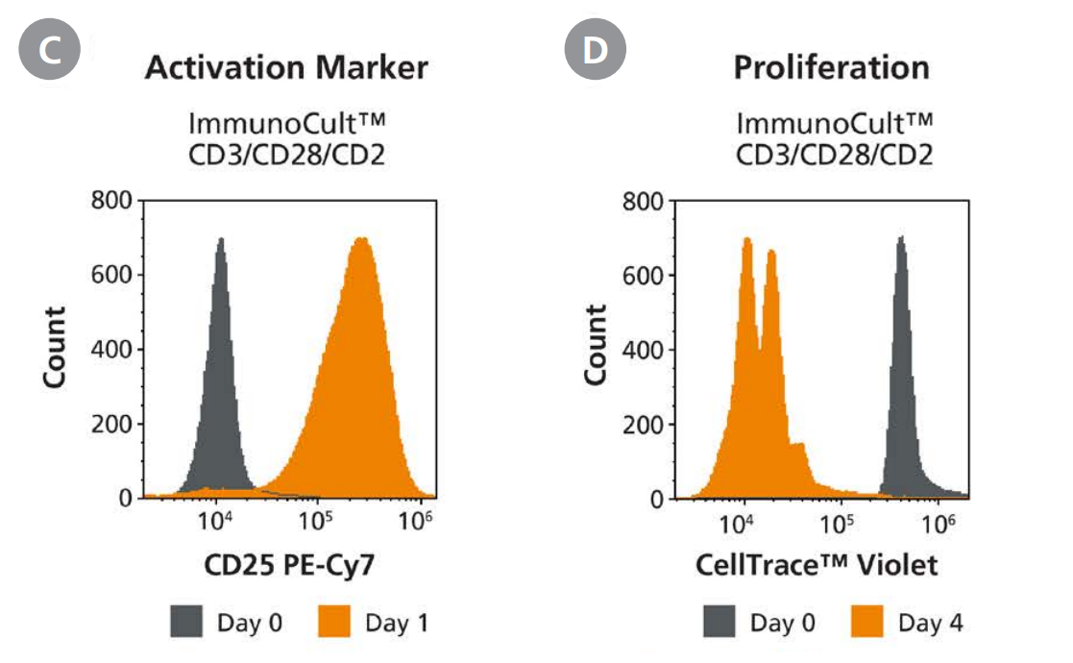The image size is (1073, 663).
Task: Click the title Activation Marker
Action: [x=286, y=67]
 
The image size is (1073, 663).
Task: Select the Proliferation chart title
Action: [x=831, y=67]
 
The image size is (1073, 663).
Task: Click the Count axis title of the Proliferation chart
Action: [x=597, y=345]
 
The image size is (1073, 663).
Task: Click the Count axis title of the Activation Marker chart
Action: [x=54, y=345]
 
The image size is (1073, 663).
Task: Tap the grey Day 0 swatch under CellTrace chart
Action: [x=720, y=623]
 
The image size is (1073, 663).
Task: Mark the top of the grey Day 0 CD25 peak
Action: [x=221, y=239]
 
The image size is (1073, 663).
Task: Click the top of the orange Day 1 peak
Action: [x=361, y=238]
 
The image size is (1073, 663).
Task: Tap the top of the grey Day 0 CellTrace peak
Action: [x=901, y=237]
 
